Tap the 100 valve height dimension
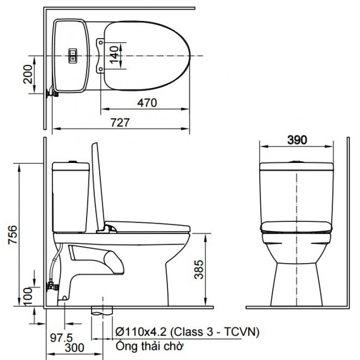[28, 294]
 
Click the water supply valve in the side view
[51, 286]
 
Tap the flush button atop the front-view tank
[296, 161]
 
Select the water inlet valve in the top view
[51, 92]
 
